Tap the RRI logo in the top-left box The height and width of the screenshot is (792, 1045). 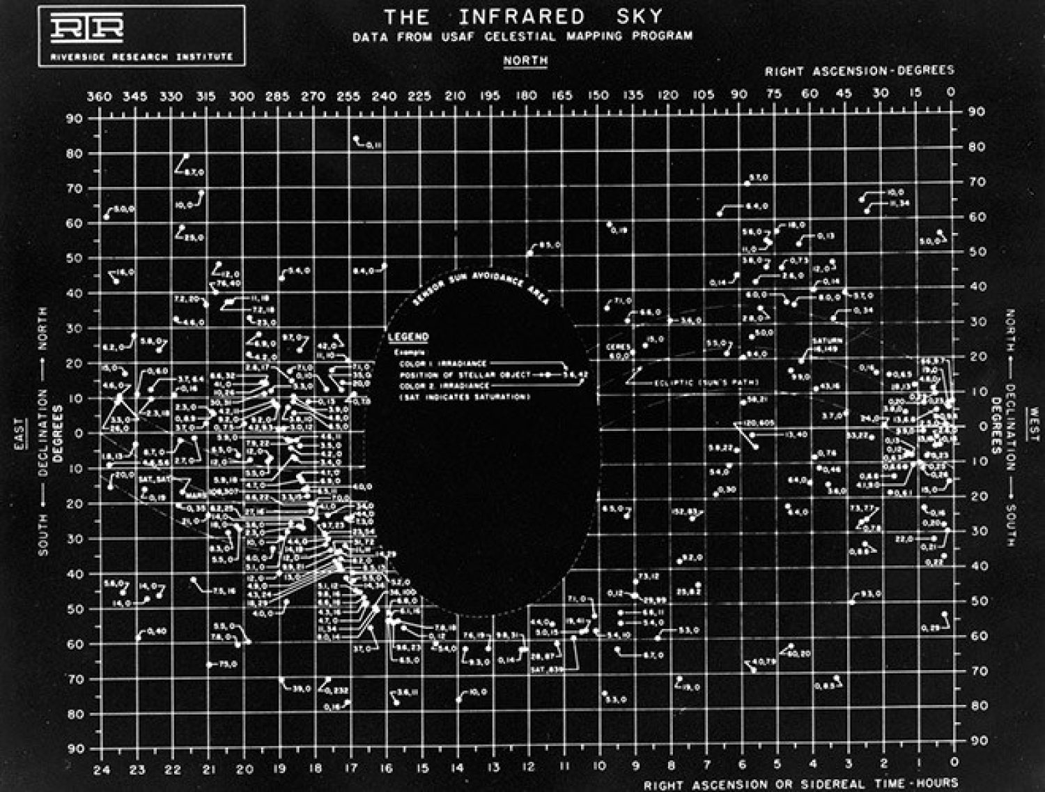point(86,28)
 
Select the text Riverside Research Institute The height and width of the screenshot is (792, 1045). point(141,56)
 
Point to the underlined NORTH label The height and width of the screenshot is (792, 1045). point(525,61)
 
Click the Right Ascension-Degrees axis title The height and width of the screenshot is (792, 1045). point(859,71)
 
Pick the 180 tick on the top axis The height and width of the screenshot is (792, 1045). point(526,96)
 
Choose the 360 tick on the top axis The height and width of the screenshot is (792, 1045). point(99,96)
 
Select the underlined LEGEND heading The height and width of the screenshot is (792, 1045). point(408,337)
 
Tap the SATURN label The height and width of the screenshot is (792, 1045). point(827,341)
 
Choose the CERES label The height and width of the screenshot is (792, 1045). point(618,346)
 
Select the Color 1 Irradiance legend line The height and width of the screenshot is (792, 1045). point(443,363)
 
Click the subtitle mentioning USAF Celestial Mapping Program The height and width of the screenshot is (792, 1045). point(522,36)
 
